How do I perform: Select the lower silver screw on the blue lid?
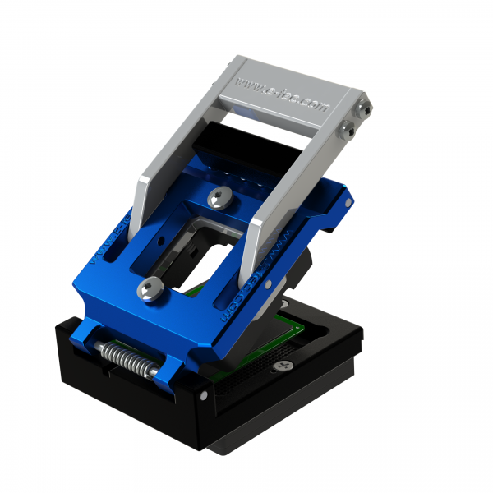150,287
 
